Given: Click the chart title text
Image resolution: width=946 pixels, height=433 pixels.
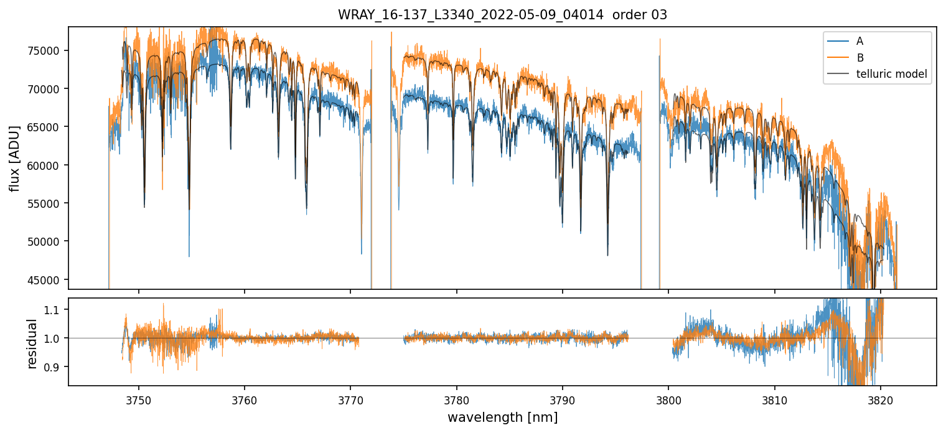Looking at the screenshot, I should point(502,15).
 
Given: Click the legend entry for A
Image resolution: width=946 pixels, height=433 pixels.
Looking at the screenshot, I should point(859,41).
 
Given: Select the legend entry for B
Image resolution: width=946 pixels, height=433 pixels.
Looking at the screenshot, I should point(859,58).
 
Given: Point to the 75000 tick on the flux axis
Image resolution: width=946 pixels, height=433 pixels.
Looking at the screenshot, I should point(49,51).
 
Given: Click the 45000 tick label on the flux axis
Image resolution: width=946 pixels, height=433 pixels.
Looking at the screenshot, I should point(49,280).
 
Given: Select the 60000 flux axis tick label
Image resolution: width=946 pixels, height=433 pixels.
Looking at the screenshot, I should point(49,165).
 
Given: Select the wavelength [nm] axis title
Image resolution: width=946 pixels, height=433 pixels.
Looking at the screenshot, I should point(502,417).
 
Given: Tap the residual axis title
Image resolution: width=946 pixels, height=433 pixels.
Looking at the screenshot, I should point(32,343).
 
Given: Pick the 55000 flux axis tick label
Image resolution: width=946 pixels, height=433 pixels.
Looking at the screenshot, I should point(49,203).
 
